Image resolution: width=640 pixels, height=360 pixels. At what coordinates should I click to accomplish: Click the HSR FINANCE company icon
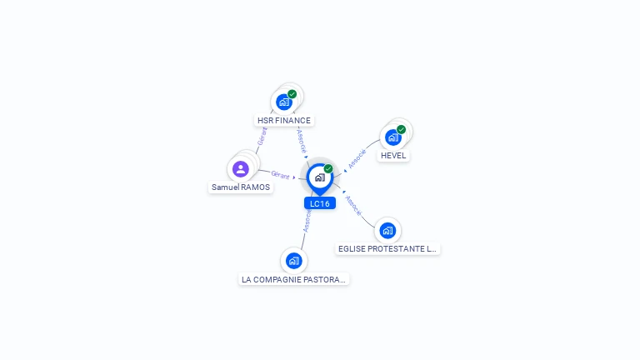[284, 102]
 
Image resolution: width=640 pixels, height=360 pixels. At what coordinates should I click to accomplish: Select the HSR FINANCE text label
[284, 120]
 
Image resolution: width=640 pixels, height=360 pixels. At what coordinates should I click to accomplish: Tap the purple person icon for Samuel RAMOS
[241, 169]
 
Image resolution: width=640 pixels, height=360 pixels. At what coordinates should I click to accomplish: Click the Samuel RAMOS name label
[241, 187]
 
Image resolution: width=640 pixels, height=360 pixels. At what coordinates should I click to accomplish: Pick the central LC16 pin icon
[319, 177]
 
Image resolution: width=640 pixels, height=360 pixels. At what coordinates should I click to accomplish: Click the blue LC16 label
[320, 203]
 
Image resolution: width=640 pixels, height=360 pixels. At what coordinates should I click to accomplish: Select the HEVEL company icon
[392, 137]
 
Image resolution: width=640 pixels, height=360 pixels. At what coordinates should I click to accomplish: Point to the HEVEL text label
[393, 156]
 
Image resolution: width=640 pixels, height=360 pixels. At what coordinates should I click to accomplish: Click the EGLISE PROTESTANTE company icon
[387, 230]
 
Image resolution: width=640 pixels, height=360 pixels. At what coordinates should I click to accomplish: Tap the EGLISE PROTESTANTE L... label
[387, 248]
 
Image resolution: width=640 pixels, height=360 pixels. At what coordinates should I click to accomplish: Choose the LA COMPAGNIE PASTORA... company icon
[293, 261]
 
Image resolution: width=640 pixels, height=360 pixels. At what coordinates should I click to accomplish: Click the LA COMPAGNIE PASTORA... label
[293, 279]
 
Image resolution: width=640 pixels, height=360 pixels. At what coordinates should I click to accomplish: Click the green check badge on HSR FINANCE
[292, 94]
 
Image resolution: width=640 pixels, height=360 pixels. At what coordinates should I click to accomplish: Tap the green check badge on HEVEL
[401, 129]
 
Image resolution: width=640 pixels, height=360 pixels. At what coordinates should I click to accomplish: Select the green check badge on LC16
[328, 168]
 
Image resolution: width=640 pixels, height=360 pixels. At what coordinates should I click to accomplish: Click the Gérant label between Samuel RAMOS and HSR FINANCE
[261, 137]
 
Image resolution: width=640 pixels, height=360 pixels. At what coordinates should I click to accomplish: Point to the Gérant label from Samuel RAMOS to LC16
[280, 175]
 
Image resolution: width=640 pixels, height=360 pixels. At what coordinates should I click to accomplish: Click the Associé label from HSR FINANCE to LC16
[302, 141]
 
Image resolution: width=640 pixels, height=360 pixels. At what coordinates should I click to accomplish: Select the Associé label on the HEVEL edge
[357, 158]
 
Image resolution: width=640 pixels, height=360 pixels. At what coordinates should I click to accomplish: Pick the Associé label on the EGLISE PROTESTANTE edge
[353, 207]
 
